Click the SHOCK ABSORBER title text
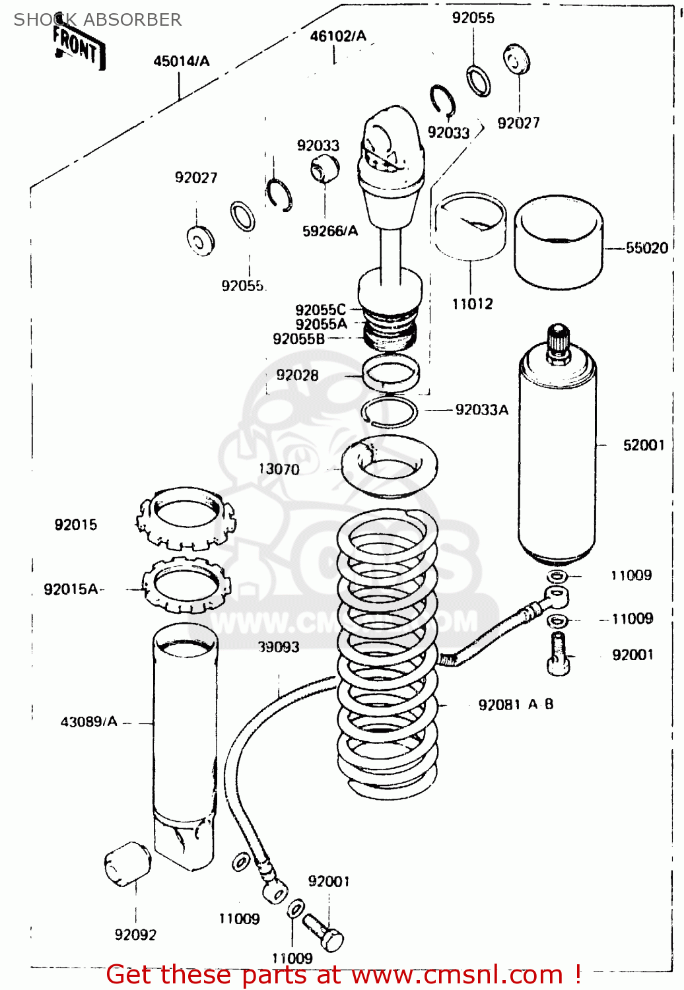click(x=97, y=20)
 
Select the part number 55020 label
click(x=646, y=248)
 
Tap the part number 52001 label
click(x=643, y=445)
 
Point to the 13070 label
click(x=279, y=469)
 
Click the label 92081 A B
click(x=516, y=705)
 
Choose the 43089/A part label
click(x=88, y=722)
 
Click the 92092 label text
click(x=135, y=935)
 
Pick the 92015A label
click(x=71, y=589)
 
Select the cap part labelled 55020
click(x=558, y=242)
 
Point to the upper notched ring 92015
click(x=185, y=519)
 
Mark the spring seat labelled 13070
click(x=389, y=466)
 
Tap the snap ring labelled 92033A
click(x=390, y=412)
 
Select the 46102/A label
click(x=338, y=36)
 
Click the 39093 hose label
click(x=279, y=647)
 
